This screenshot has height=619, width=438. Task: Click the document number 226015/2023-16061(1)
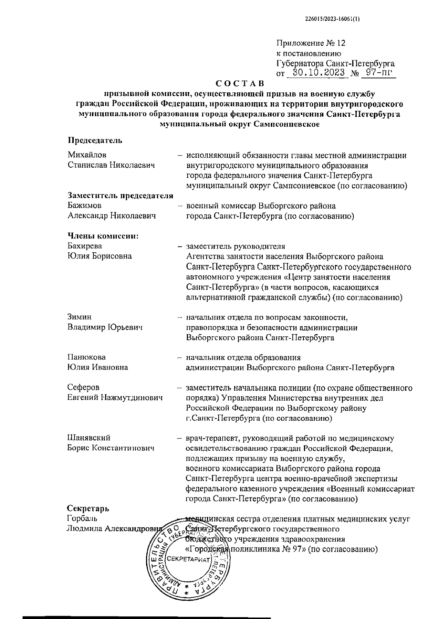pos(331,20)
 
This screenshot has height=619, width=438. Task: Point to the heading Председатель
pos(95,141)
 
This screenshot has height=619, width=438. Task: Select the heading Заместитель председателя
pos(120,196)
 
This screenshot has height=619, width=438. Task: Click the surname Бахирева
pos(85,246)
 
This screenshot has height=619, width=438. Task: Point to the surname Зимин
pos(80,317)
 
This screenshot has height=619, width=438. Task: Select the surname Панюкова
pos(87,357)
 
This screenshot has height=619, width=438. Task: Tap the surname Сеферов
pos(83,387)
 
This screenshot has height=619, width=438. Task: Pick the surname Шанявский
pos(89,438)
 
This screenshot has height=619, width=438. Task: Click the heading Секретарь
pos(88,508)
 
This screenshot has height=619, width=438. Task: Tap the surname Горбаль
pos(82,519)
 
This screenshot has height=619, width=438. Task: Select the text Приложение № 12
pos(311,43)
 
